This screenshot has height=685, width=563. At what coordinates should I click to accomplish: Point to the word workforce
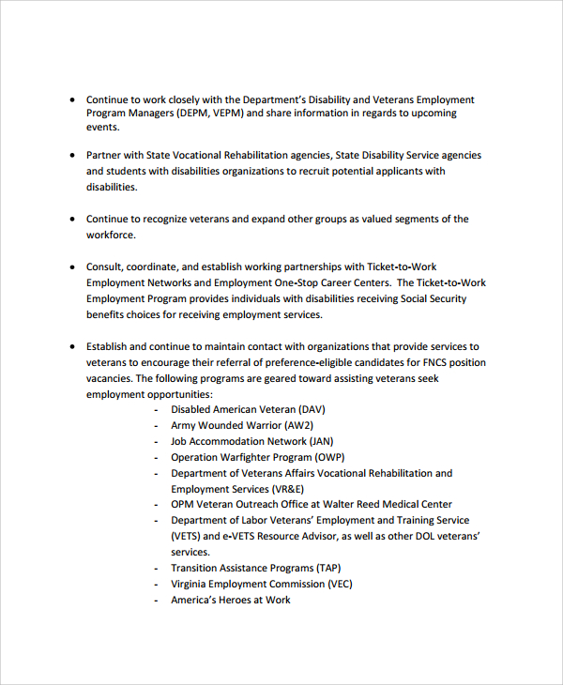pyautogui.click(x=111, y=235)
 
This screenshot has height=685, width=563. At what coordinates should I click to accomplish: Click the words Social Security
pyautogui.click(x=433, y=298)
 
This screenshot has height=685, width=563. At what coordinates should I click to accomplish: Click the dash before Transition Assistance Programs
pyautogui.click(x=156, y=568)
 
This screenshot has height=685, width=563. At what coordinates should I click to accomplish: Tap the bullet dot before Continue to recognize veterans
pyautogui.click(x=73, y=219)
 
